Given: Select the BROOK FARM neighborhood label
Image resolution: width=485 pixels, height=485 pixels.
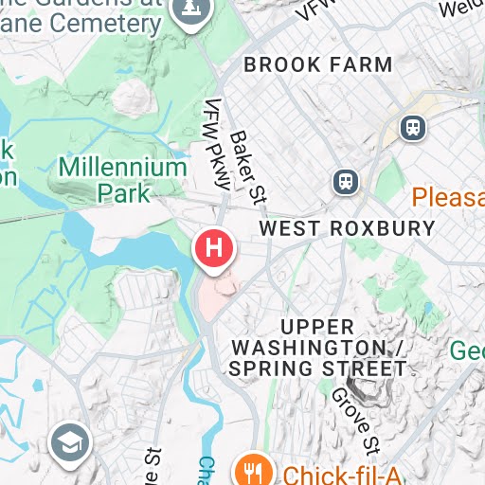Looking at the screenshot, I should point(318,65).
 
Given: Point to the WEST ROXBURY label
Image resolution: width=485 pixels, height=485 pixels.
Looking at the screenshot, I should point(347,228).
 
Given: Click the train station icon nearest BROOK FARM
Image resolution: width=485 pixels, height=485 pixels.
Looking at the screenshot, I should point(412,127).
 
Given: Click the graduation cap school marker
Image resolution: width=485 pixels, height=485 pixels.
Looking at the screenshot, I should point(70,441).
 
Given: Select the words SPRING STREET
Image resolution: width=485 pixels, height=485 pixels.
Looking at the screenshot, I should point(318,368).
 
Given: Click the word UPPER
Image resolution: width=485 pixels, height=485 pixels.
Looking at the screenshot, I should point(318,326).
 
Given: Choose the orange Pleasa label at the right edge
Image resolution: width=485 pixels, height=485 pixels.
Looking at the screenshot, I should point(448,197).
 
